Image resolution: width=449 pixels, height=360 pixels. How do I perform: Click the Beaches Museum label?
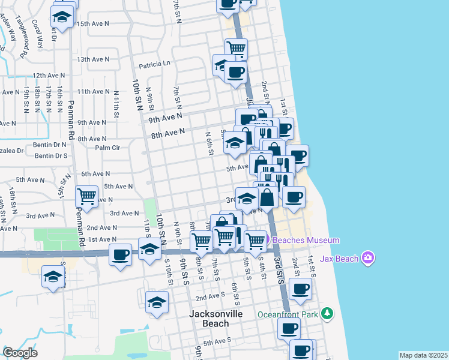(x=306, y=241)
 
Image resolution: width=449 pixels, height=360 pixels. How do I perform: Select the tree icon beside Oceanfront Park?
(x=327, y=314)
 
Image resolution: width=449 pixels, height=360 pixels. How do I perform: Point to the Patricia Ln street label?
(x=155, y=64)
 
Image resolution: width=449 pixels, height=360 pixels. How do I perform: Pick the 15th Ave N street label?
(x=93, y=24)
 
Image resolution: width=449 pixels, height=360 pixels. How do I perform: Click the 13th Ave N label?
(x=92, y=59)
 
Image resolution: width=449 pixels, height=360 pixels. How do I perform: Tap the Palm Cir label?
(x=108, y=148)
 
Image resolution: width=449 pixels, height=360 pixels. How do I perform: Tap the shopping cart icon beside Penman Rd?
(x=87, y=196)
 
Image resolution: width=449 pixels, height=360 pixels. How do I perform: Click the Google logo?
(x=20, y=353)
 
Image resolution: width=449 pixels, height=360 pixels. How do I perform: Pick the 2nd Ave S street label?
(x=209, y=296)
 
